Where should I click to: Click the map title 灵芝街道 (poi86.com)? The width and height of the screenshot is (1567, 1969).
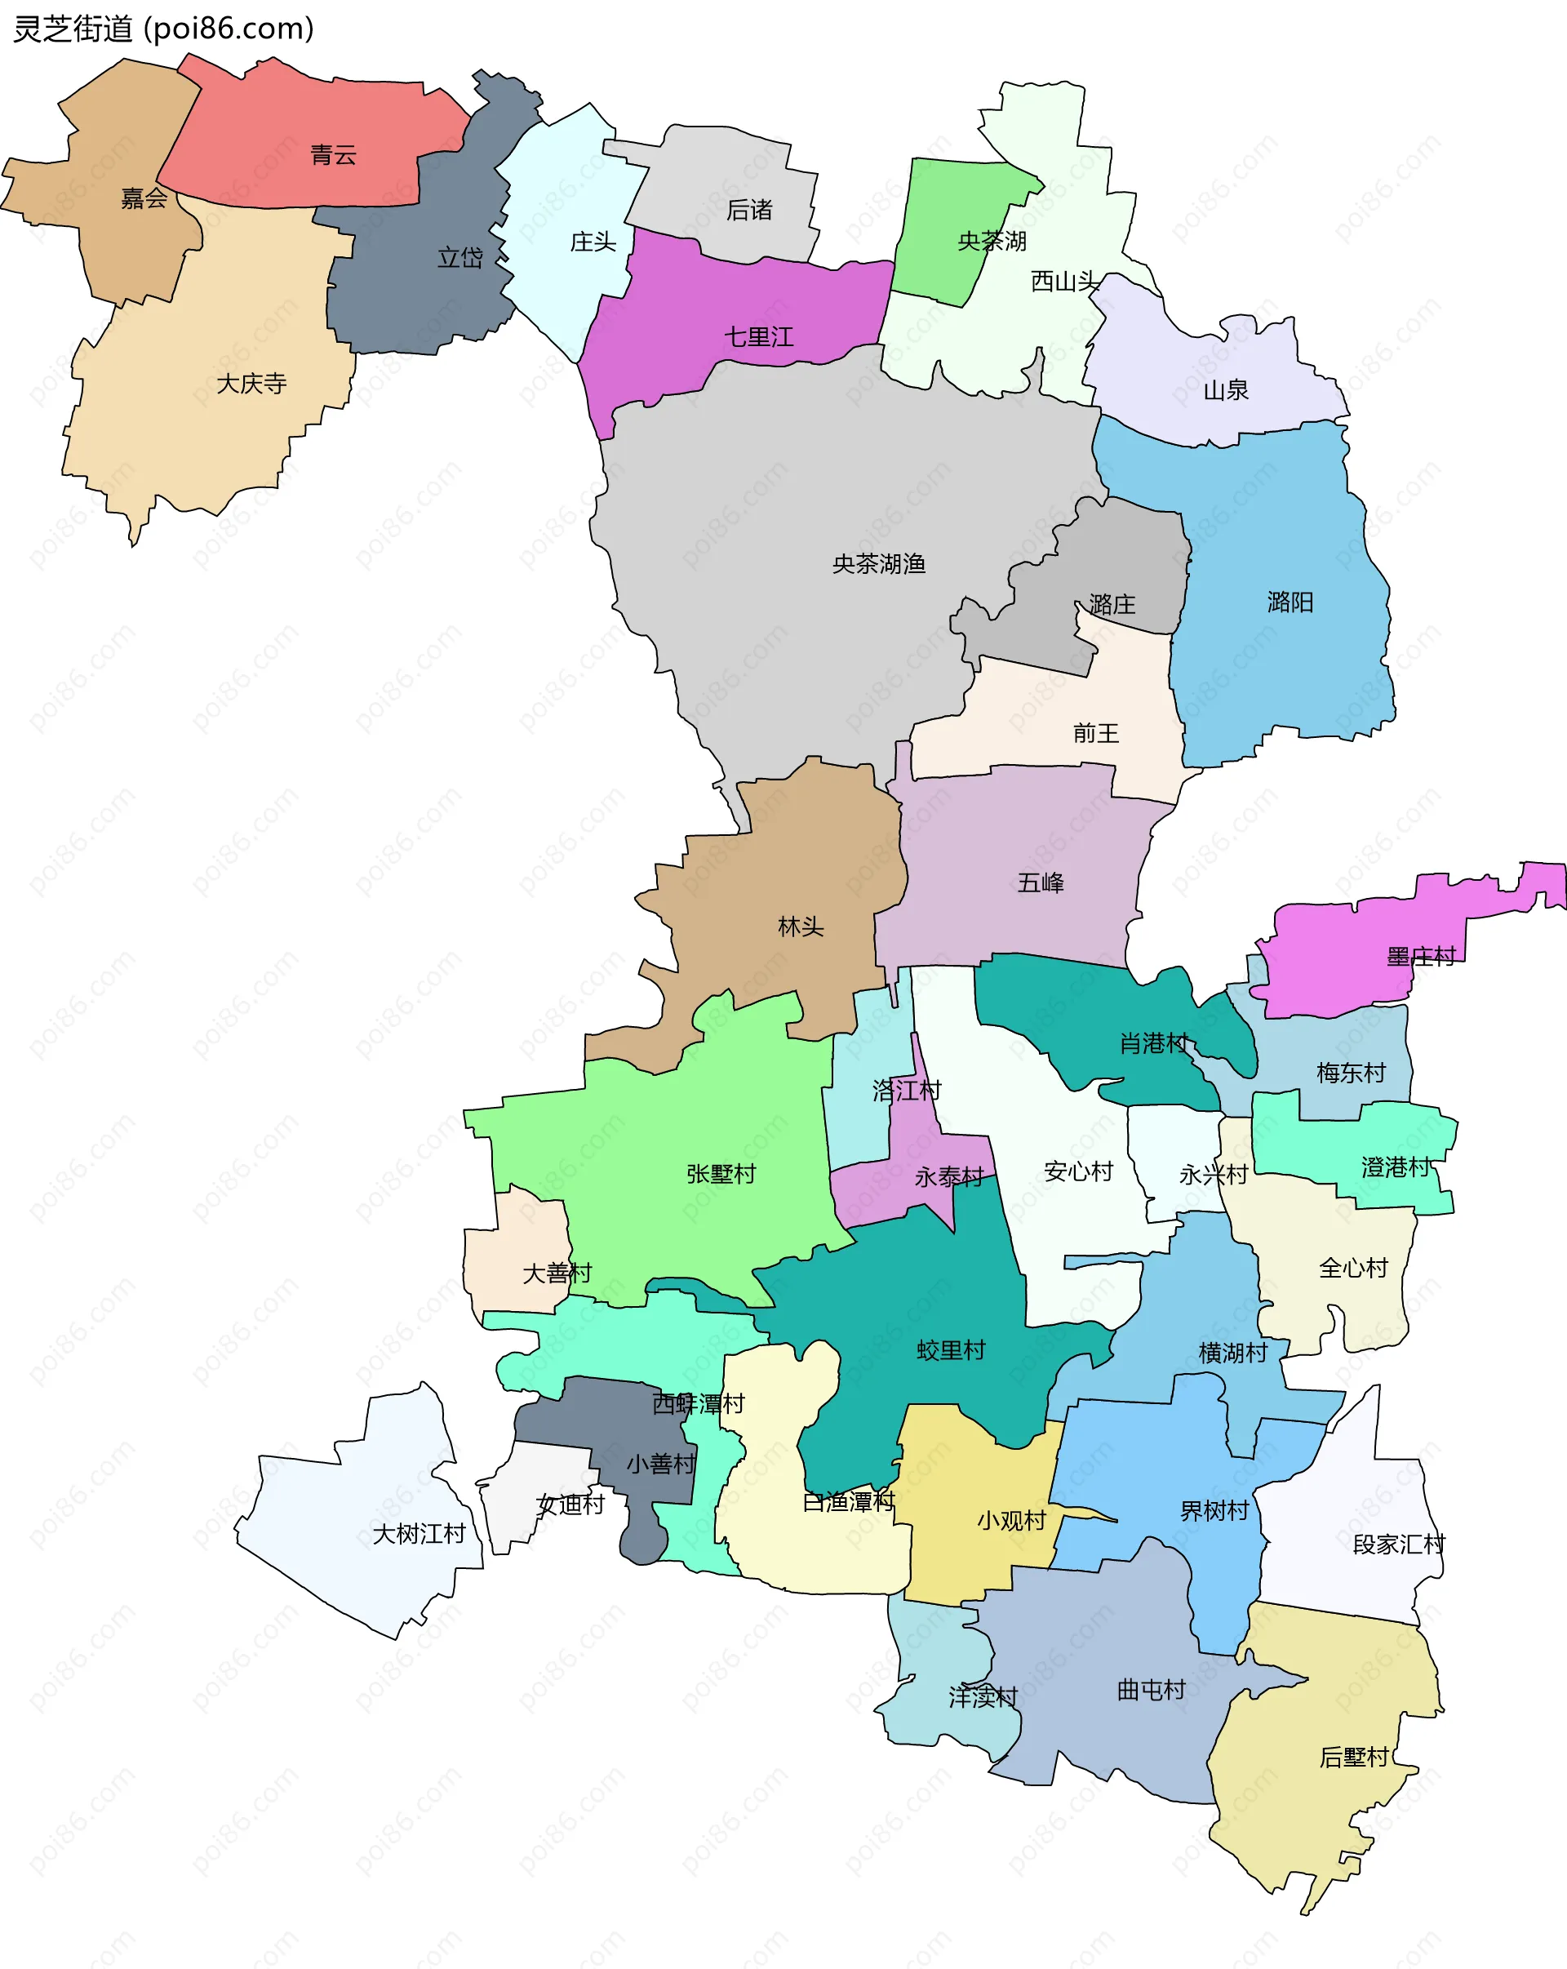pos(163,29)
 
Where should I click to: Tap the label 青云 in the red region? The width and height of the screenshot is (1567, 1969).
pos(332,155)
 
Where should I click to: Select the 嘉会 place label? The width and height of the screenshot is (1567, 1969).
pos(144,198)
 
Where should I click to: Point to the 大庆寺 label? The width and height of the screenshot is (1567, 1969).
pos(251,384)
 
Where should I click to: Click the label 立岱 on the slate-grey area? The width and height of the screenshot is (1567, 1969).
pos(460,257)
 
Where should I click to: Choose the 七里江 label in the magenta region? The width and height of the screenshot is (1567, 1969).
pos(759,337)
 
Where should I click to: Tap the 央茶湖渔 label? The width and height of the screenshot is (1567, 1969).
pos(878,564)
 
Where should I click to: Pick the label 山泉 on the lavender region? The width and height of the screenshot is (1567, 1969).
pos(1226,391)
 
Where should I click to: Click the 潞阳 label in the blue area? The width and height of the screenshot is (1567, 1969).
pos(1290,602)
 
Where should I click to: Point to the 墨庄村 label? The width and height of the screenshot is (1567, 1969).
pos(1421,957)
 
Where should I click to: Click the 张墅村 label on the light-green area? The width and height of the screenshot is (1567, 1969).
pos(721,1175)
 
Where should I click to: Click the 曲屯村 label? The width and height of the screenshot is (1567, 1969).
pos(1152,1691)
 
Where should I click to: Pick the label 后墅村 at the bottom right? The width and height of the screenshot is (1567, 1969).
pos(1354,1757)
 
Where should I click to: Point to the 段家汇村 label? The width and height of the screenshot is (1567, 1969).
pos(1399,1545)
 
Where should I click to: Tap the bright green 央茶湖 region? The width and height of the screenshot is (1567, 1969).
pos(940,210)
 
